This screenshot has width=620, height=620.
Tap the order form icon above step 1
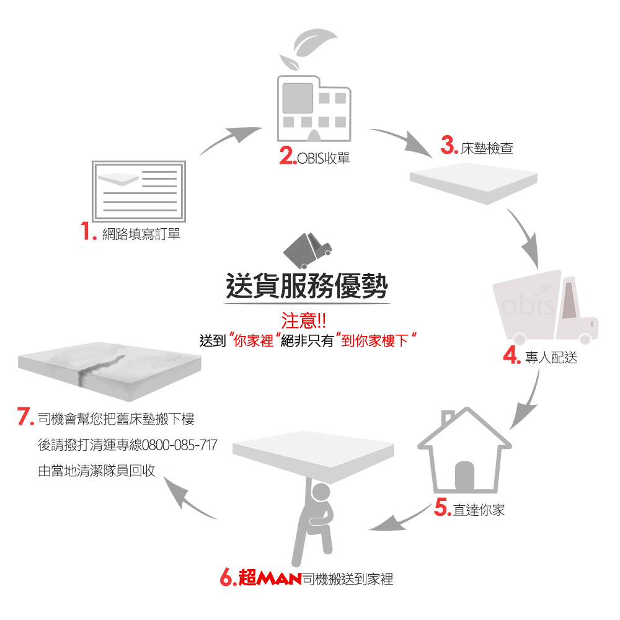(138, 190)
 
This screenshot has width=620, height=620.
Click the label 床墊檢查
(487, 149)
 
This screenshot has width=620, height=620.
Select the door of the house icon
(464, 476)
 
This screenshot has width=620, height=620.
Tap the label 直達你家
(479, 510)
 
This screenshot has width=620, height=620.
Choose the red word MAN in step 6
(278, 580)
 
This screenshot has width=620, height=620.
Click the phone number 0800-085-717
(179, 445)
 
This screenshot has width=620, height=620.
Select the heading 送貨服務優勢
(307, 286)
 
